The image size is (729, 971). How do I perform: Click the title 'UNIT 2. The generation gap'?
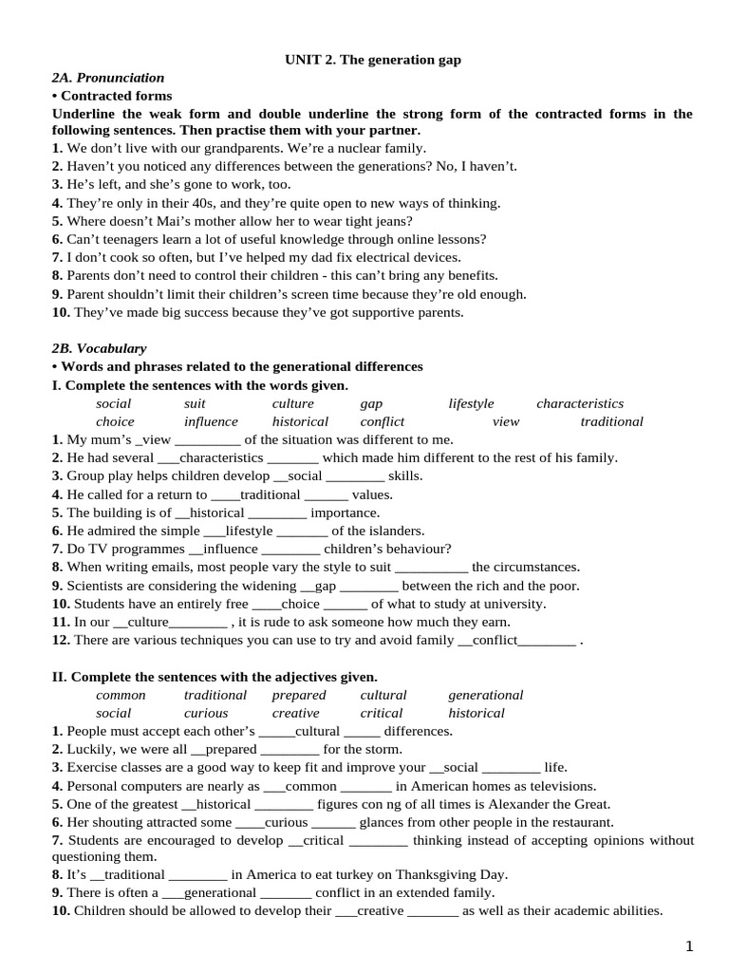click(373, 60)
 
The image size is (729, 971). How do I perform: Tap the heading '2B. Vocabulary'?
click(99, 349)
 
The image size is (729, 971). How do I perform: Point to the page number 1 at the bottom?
click(690, 945)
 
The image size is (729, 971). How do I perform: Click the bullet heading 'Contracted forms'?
click(116, 96)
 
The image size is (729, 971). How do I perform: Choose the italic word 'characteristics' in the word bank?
click(580, 404)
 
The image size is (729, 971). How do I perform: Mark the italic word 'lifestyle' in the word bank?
click(471, 404)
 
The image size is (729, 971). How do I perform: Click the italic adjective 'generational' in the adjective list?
click(485, 695)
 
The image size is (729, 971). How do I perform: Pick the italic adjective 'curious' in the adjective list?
click(206, 713)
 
